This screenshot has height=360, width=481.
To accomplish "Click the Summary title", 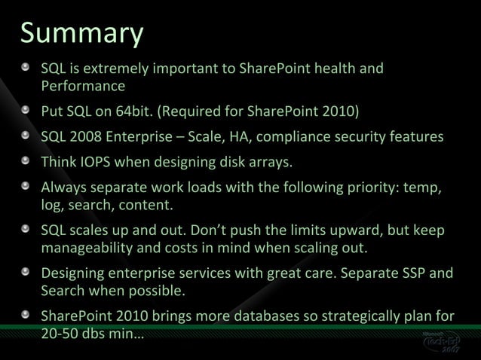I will [x=81, y=34].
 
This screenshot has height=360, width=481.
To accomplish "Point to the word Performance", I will [x=83, y=86].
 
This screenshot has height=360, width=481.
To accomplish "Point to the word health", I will [x=332, y=69].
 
